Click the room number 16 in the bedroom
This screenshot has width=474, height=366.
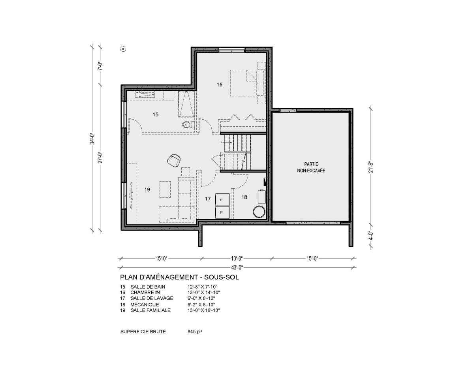[220, 84]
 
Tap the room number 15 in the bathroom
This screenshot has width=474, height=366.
[156, 114]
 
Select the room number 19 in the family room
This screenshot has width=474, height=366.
[147, 190]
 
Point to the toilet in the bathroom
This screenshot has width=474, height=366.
[188, 125]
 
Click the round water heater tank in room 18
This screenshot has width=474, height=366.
[259, 211]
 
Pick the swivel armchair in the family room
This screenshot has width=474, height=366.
[174, 160]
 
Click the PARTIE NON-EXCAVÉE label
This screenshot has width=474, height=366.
[311, 167]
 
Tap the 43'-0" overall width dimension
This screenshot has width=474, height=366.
[237, 267]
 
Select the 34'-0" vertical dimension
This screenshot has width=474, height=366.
[92, 139]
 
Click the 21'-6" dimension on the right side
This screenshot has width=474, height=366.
[371, 167]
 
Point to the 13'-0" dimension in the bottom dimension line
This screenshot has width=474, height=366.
[237, 259]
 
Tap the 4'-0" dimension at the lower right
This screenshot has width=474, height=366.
[371, 235]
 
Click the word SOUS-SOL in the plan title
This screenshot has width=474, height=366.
[221, 277]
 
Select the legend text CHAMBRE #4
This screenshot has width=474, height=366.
[145, 293]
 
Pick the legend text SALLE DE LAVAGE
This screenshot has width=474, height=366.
[152, 298]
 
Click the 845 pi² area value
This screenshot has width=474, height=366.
[195, 332]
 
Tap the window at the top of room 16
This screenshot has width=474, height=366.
[231, 50]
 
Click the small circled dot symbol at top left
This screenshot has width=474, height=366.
[123, 49]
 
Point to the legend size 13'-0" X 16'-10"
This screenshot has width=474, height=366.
[203, 310]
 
